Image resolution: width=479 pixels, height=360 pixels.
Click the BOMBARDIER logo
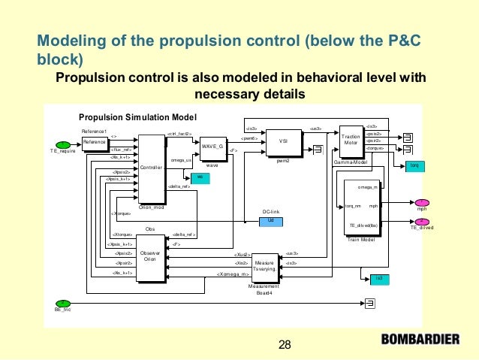click(420, 339)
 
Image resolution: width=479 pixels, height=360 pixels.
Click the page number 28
click(285, 345)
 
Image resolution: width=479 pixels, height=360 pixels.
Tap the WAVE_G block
click(212, 147)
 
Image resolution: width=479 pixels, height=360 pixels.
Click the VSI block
click(283, 141)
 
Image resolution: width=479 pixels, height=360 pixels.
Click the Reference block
click(95, 142)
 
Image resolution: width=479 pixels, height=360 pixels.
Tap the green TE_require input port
click(59, 145)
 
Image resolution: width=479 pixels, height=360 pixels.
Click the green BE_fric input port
click(63, 303)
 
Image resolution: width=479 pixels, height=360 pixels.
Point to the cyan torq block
click(414, 165)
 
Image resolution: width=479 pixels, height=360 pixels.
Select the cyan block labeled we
click(200, 177)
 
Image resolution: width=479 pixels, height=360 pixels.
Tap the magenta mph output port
click(421, 202)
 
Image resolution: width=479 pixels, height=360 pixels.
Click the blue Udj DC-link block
click(270, 220)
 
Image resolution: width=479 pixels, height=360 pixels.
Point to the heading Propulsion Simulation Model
click(137, 117)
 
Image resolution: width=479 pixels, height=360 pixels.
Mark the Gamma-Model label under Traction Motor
click(350, 162)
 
